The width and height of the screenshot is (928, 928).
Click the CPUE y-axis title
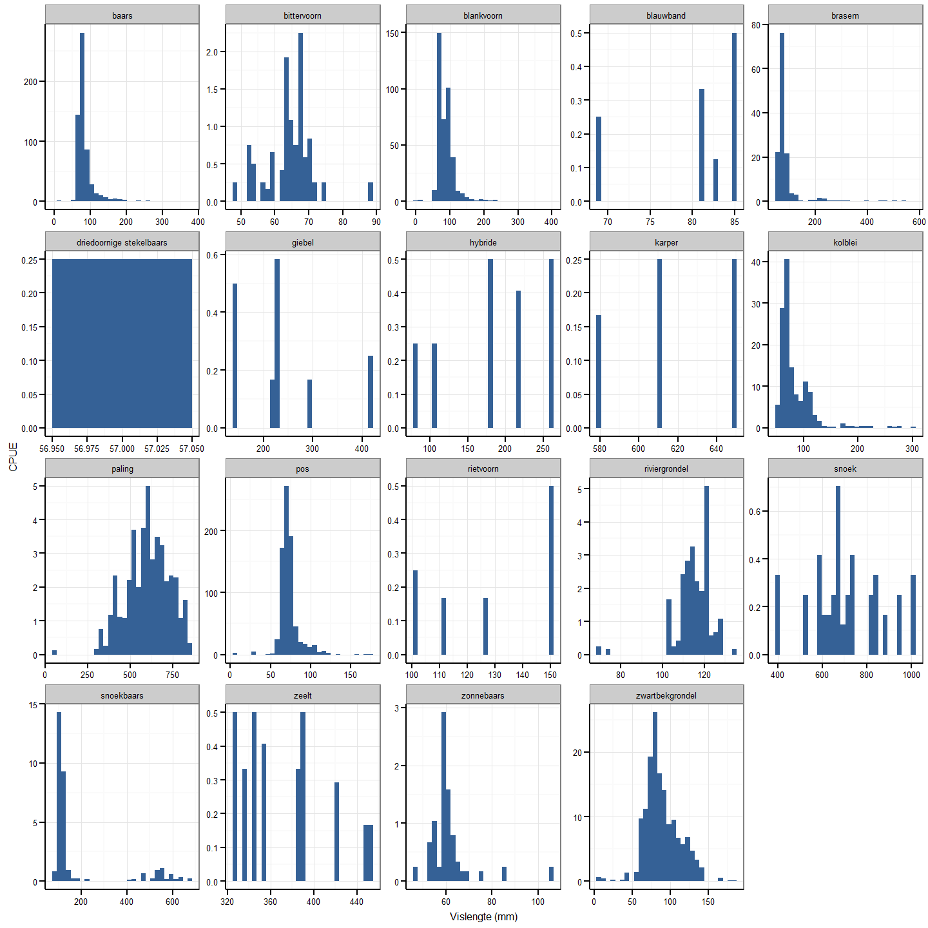point(13,457)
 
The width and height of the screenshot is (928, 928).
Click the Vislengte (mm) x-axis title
point(483,916)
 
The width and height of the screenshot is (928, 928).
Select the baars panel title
point(122,15)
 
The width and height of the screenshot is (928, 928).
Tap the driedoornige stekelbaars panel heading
point(122,242)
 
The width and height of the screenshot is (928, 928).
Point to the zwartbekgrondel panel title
point(666,695)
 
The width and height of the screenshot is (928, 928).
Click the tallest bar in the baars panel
point(82,116)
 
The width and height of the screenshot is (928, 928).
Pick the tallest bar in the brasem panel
point(782,116)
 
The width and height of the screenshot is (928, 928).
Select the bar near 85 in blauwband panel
point(734,116)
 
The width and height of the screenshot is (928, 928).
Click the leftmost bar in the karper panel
point(599,371)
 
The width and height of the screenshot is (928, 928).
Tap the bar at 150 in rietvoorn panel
point(551,570)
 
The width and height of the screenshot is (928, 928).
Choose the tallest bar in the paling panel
point(148,570)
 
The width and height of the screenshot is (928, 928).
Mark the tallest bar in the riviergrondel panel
point(706,570)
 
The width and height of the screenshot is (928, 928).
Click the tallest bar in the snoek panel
point(838,570)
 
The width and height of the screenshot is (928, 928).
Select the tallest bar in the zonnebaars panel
point(443,796)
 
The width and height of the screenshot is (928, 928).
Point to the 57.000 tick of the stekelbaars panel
point(122,449)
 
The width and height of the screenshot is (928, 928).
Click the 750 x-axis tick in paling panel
point(172,675)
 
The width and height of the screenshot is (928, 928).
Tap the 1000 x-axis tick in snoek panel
point(911,675)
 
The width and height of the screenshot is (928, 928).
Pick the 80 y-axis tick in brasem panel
point(755,25)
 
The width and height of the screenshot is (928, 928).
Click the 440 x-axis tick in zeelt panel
point(356,902)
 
